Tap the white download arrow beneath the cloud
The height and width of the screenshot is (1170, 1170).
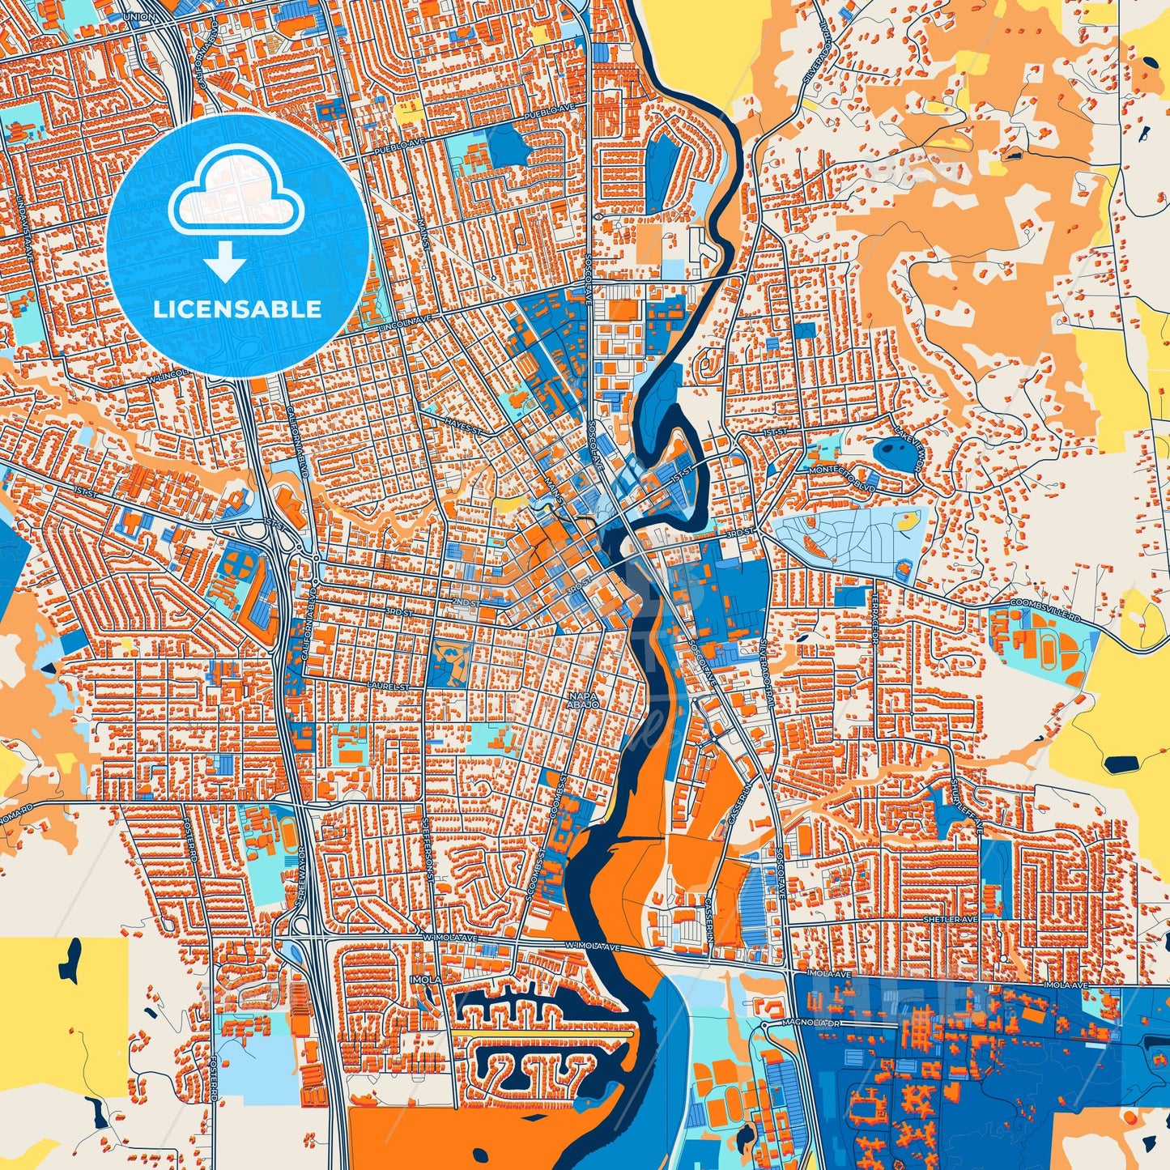(225, 264)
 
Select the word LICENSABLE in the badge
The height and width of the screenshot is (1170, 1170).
(237, 308)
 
